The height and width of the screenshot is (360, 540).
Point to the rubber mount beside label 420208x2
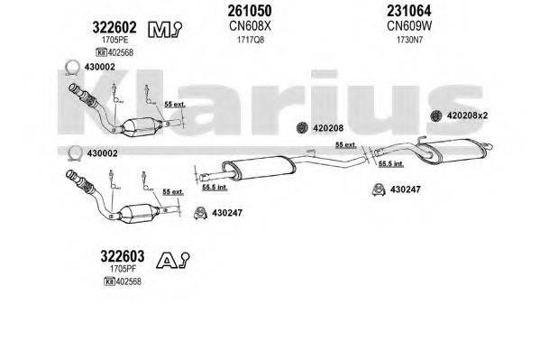(x=435, y=115)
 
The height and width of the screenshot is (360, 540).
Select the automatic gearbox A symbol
(x=172, y=261)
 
